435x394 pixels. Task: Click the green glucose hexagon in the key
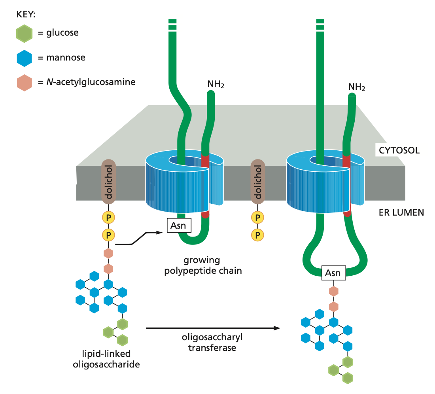(x=25, y=33)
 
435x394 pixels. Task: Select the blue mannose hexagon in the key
(x=25, y=58)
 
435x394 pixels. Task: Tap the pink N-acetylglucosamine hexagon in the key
(x=25, y=83)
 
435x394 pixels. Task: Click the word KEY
(x=26, y=14)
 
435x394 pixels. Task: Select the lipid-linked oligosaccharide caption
(x=106, y=359)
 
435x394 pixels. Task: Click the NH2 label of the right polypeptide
(x=357, y=87)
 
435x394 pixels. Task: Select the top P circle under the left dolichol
(x=108, y=217)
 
